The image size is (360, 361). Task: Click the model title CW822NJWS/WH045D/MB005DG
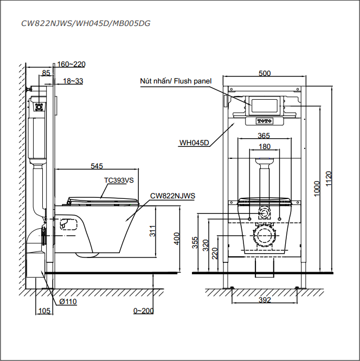86,24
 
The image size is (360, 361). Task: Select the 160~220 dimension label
72,64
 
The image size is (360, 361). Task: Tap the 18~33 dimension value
73,81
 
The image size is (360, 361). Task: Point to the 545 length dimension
97,166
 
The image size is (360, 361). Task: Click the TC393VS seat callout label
119,181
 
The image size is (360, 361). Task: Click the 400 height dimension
176,238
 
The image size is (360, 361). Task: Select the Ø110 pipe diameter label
68,302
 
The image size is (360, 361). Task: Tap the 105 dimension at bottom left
44,311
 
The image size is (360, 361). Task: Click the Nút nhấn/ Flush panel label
176,81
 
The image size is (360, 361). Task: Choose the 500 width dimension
264,73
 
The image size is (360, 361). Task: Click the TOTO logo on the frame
264,120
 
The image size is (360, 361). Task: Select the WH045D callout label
194,143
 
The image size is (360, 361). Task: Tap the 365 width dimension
264,136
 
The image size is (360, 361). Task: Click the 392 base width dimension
264,300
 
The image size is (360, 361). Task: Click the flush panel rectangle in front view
264,104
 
